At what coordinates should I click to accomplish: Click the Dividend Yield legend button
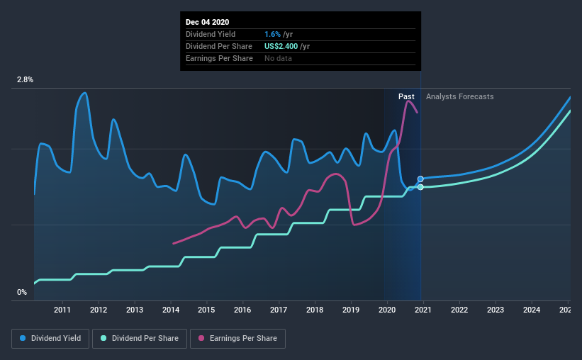(x=50, y=339)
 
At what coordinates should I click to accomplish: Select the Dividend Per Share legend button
(x=140, y=339)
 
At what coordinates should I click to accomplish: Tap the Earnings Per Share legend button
(x=237, y=339)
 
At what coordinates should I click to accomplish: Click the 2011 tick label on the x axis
(x=62, y=310)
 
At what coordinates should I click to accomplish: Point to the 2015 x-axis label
(x=206, y=310)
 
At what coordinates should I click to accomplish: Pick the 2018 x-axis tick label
(x=315, y=310)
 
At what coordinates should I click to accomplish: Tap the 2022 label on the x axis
(x=459, y=310)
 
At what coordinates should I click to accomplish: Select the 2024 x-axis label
(x=532, y=310)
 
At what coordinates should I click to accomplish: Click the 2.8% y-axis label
(x=25, y=80)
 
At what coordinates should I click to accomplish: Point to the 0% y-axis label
(x=22, y=293)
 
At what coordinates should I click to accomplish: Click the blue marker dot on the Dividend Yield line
(x=420, y=179)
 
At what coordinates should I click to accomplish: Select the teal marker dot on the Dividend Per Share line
(x=420, y=187)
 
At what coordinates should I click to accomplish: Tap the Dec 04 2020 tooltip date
(x=207, y=22)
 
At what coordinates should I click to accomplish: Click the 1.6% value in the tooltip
(x=272, y=34)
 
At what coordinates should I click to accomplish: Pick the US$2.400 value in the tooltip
(x=281, y=46)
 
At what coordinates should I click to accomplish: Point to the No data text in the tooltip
(x=278, y=58)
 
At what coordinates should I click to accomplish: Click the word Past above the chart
(x=406, y=96)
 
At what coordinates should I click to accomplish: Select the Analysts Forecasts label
(x=460, y=96)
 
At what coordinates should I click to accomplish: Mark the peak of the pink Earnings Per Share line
(x=408, y=101)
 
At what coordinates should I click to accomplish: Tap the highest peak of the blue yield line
(x=85, y=93)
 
